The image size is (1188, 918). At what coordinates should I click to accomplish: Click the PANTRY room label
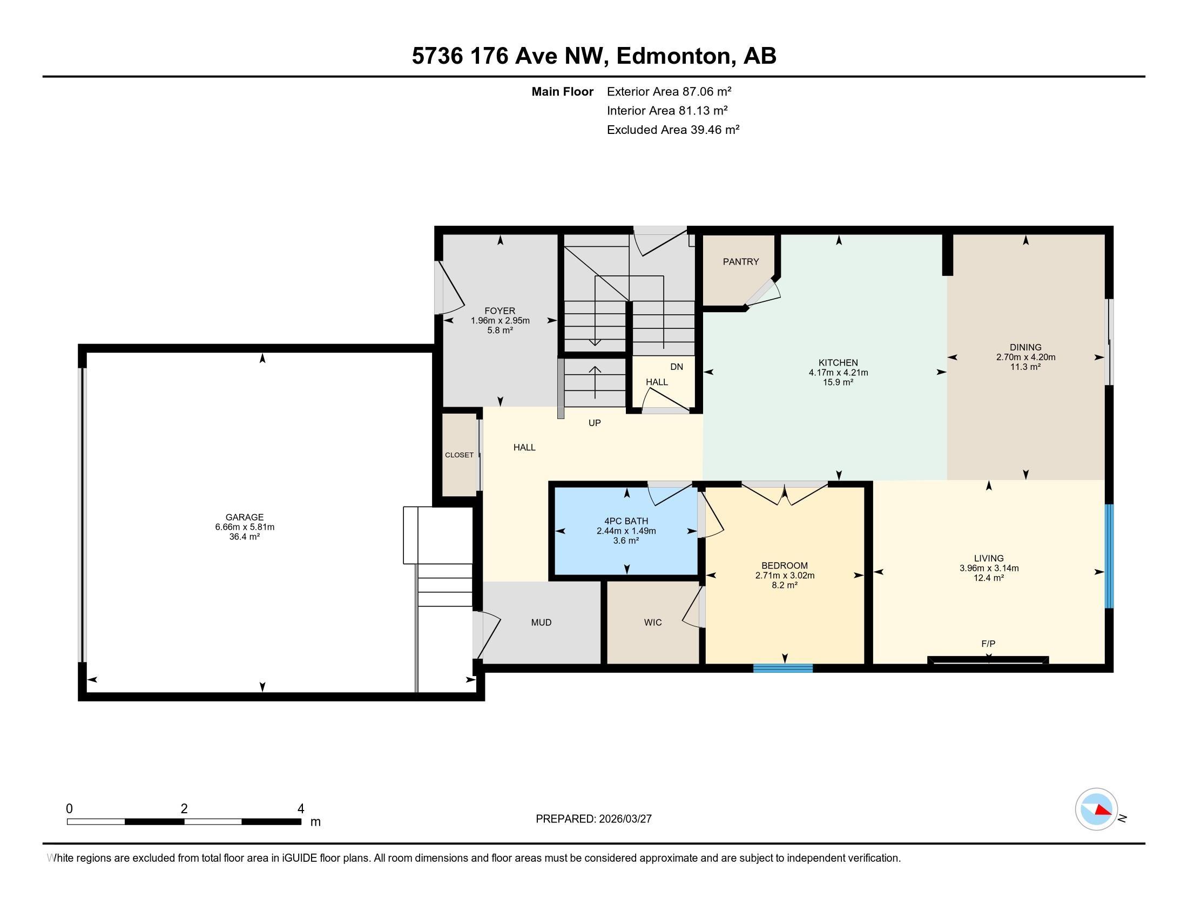[x=740, y=261]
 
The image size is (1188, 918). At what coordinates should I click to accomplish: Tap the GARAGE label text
[x=244, y=517]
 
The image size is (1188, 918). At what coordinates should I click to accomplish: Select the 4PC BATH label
[x=626, y=521]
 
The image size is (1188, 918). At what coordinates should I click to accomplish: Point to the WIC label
[x=653, y=622]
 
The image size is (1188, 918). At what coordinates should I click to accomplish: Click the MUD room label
[x=541, y=622]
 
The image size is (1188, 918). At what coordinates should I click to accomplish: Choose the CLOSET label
[x=459, y=455]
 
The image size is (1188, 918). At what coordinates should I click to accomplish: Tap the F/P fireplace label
[x=988, y=643]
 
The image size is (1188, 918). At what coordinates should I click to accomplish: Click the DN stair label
[x=677, y=367]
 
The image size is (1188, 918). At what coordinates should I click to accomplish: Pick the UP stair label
[x=595, y=423]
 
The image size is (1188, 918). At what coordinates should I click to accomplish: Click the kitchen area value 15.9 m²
[x=838, y=382]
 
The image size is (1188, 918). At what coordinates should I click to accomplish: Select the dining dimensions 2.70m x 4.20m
[x=1025, y=357]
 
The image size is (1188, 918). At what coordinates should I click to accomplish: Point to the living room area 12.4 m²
[x=988, y=578]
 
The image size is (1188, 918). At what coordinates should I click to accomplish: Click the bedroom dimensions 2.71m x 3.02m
[x=785, y=576]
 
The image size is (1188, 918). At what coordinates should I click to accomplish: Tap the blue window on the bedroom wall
[x=783, y=668]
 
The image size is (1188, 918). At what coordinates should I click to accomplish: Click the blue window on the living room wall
[x=1109, y=556]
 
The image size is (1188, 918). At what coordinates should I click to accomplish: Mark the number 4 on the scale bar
[x=300, y=809]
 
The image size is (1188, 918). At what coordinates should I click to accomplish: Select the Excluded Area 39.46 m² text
[x=673, y=130]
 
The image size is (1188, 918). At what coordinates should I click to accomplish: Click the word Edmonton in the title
[x=673, y=56]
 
